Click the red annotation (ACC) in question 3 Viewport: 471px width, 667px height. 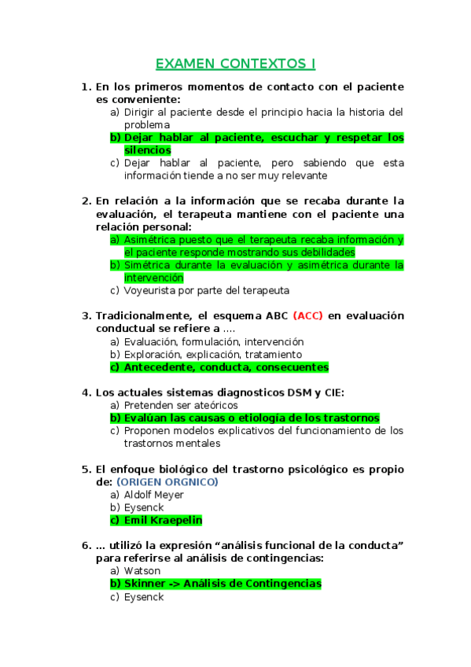[x=307, y=316]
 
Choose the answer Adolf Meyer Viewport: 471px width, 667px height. [x=154, y=495]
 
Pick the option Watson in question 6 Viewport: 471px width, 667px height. [x=142, y=571]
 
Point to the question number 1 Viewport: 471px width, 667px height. [x=86, y=87]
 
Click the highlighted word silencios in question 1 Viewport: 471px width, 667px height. [x=148, y=150]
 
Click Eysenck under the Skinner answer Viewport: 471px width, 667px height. [x=144, y=597]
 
